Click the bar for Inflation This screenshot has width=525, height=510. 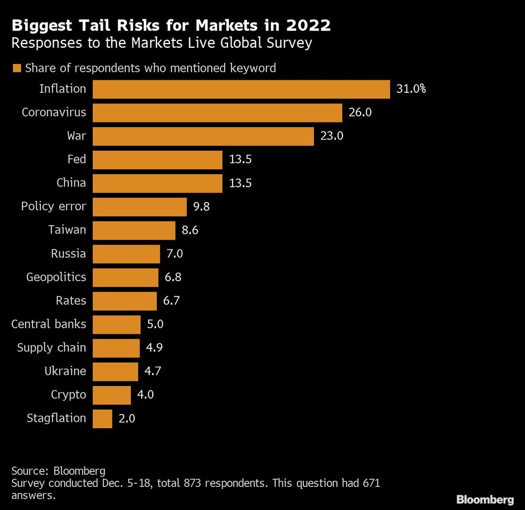[x=241, y=89]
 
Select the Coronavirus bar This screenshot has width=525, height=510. [x=217, y=113]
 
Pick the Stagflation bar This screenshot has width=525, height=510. [x=102, y=419]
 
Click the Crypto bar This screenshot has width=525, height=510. [x=112, y=395]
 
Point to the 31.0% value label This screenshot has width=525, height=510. [x=411, y=89]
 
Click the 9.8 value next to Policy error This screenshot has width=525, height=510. [x=202, y=207]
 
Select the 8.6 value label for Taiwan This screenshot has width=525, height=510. [x=190, y=230]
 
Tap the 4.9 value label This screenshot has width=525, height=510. [x=154, y=348]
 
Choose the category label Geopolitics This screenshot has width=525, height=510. [x=56, y=277]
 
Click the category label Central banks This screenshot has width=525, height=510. [x=49, y=324]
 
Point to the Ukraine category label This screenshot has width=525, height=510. [x=65, y=371]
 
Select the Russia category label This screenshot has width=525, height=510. [x=68, y=254]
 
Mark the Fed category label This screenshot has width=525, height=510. [x=77, y=160]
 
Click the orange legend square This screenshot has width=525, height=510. [x=16, y=68]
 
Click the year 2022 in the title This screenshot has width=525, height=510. [x=308, y=25]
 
